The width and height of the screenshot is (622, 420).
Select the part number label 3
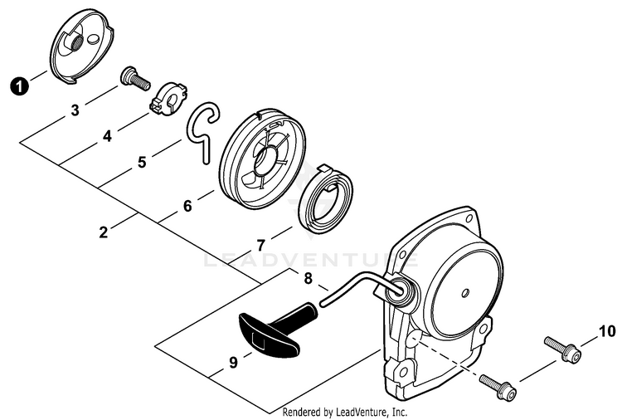click(x=75, y=110)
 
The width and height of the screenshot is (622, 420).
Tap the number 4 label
click(x=108, y=137)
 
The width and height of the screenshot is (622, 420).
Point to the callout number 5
click(x=142, y=163)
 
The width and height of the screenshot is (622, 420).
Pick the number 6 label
click(x=187, y=207)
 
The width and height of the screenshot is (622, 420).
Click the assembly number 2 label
click(x=104, y=232)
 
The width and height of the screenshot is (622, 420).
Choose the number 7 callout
click(x=260, y=246)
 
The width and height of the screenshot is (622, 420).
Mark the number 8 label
click(x=309, y=279)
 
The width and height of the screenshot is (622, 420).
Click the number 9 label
click(x=233, y=362)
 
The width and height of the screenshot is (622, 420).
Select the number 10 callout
click(x=607, y=331)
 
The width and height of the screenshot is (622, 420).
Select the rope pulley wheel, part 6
click(x=263, y=158)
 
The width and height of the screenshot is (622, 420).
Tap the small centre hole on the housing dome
click(x=466, y=294)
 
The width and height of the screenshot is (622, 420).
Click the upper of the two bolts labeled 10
click(x=563, y=348)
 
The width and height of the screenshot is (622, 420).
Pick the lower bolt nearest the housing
click(x=498, y=386)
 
